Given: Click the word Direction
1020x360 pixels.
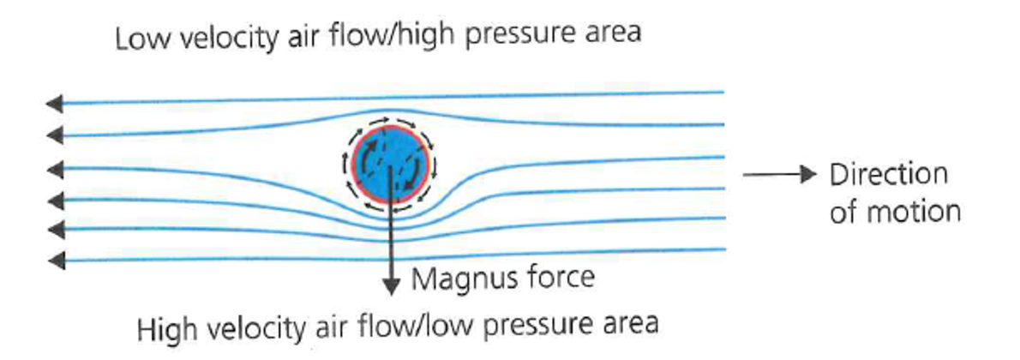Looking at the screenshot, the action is [x=889, y=175].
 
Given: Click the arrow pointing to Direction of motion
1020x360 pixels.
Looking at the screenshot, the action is [x=777, y=175].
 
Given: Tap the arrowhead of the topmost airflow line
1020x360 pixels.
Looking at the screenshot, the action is [x=54, y=104].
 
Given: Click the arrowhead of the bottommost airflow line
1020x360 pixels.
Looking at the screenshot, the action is [x=54, y=261].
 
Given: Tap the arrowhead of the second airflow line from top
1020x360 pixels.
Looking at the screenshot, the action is [x=54, y=135].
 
